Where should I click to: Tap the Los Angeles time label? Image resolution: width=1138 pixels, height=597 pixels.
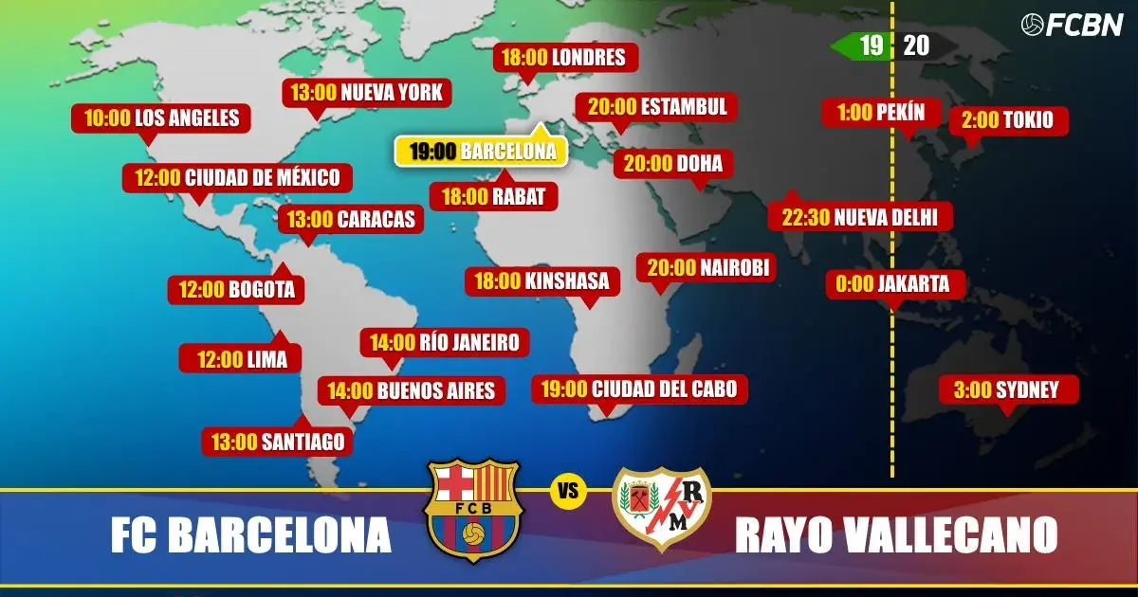pos(155,118)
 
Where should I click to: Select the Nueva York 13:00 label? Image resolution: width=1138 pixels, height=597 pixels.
pos(367,93)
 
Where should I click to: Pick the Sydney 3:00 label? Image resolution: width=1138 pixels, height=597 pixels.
pos(1009,389)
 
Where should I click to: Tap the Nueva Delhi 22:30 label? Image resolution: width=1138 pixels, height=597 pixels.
pos(859,217)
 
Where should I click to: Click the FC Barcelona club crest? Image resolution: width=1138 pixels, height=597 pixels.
pos(473,509)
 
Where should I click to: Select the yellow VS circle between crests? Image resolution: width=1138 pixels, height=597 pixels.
pos(568,492)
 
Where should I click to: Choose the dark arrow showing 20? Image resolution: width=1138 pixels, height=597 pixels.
pos(922,45)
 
